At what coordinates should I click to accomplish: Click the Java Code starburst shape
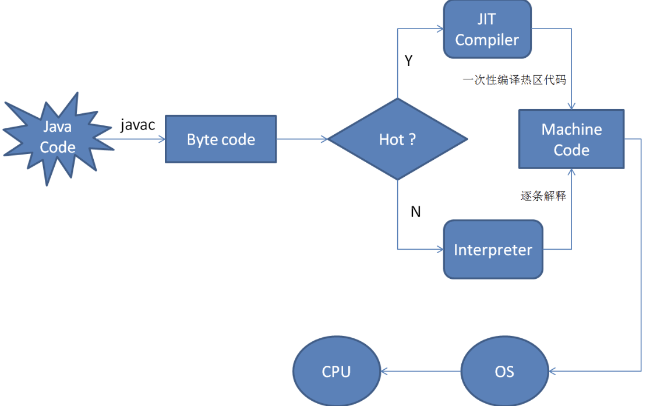click(x=57, y=138)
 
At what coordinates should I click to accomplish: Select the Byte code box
click(x=221, y=139)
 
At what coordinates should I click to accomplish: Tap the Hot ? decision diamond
click(x=397, y=139)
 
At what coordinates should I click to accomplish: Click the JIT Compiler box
click(x=487, y=29)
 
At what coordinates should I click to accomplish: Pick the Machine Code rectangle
click(x=571, y=139)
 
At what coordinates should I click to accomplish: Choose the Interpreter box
click(x=493, y=250)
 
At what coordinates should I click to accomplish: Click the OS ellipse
click(x=504, y=372)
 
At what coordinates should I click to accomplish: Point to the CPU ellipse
click(x=336, y=372)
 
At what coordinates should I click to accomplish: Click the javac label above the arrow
click(x=137, y=125)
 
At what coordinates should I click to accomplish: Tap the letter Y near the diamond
click(x=408, y=61)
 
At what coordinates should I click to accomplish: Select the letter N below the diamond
click(x=415, y=212)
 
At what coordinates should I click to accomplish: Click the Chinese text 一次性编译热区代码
click(x=514, y=80)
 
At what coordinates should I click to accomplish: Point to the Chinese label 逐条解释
click(x=543, y=196)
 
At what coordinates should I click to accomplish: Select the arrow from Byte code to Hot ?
click(x=302, y=139)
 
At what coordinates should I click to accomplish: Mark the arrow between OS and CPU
click(x=421, y=372)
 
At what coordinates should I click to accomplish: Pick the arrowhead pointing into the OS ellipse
click(x=553, y=371)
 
